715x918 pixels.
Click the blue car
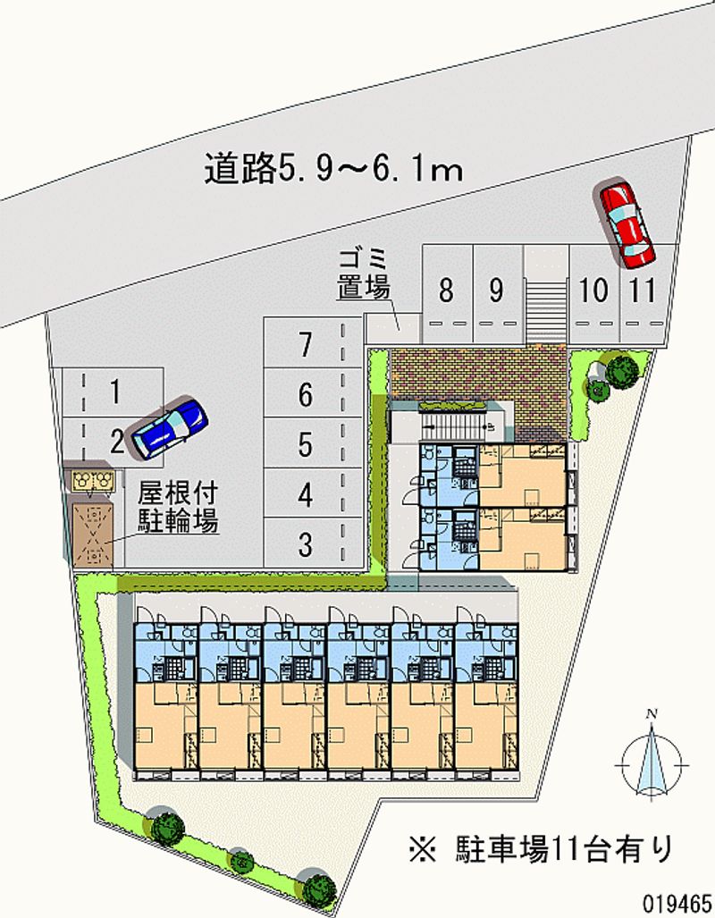(169, 427)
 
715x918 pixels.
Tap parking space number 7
(313, 342)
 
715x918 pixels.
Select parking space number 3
(313, 543)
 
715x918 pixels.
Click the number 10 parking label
(593, 291)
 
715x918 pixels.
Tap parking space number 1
(114, 392)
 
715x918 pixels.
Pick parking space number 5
(313, 442)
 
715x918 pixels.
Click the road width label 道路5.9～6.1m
(333, 169)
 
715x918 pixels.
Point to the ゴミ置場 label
(364, 274)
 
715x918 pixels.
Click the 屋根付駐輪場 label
(178, 507)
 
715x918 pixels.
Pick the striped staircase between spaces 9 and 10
(547, 311)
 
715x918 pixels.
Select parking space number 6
(313, 392)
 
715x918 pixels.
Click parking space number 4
(313, 493)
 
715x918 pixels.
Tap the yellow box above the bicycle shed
(93, 480)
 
